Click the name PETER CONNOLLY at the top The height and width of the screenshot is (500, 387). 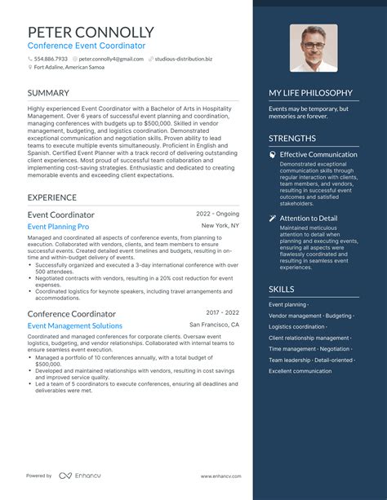tap(91, 33)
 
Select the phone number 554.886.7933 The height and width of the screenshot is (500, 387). tap(51, 60)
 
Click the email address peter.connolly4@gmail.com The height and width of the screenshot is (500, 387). tap(109, 60)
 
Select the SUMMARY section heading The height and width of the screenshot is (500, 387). tap(48, 93)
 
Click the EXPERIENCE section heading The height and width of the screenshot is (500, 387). tap(53, 197)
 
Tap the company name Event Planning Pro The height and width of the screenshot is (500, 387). tap(58, 226)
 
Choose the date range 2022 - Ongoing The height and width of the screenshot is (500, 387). tap(217, 214)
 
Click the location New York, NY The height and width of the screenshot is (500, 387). tap(220, 225)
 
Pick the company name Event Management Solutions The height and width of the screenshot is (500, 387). tap(74, 325)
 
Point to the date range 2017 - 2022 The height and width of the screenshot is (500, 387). tap(222, 312)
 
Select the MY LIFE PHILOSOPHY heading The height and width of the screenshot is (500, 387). tap(310, 93)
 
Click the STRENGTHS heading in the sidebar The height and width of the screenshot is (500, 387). tap(292, 139)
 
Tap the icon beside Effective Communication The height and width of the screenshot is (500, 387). tap(273, 155)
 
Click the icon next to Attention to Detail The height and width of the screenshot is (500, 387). tap(273, 219)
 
